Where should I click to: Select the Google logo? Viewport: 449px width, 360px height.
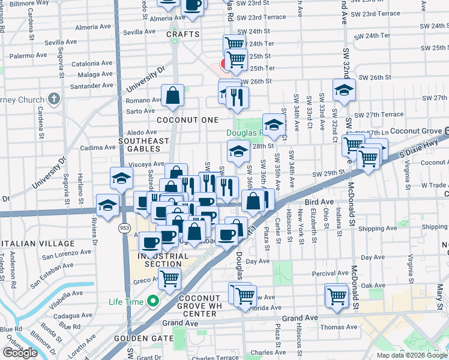(20, 353)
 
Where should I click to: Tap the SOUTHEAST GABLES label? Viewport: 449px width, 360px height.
(143, 142)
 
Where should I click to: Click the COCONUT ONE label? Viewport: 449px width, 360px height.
(188, 120)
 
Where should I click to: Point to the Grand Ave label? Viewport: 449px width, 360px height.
(299, 318)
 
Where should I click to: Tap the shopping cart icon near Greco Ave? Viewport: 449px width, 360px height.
(170, 278)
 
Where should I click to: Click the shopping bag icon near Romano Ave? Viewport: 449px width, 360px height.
(172, 95)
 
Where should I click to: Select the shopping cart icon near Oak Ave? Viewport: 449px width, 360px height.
(337, 295)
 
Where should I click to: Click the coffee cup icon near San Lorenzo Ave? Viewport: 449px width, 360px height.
(149, 242)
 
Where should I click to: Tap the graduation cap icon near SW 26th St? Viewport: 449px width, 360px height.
(344, 90)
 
